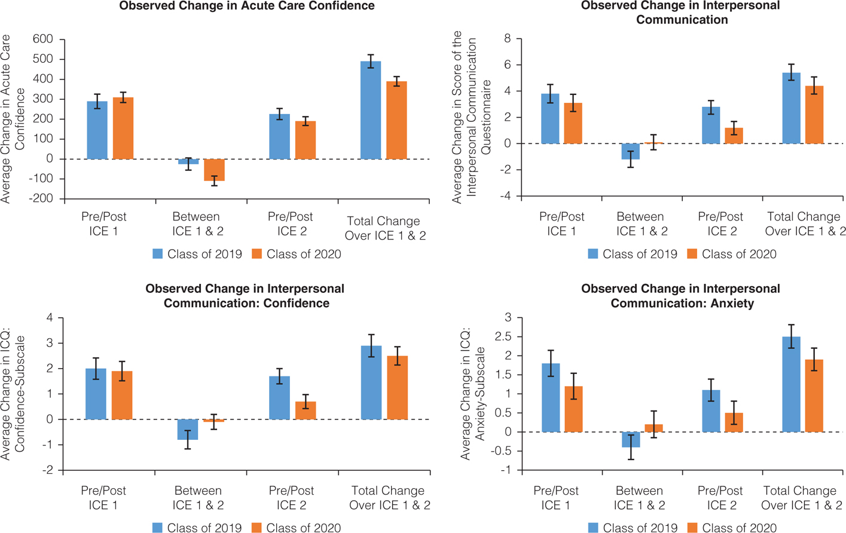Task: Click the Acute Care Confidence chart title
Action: click(x=247, y=7)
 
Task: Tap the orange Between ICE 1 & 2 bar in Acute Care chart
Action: click(x=214, y=170)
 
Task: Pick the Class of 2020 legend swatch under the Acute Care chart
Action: click(x=257, y=254)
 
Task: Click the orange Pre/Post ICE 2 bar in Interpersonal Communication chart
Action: click(x=734, y=136)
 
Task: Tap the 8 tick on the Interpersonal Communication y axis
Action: click(x=508, y=39)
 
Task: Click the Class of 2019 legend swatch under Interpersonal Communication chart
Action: click(x=593, y=254)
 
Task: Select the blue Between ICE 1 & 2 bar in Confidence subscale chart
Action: click(x=188, y=430)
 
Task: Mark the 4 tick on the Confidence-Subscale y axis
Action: click(x=50, y=318)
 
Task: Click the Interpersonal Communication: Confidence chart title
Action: click(x=245, y=296)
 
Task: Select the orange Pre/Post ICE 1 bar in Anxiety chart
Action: click(x=573, y=409)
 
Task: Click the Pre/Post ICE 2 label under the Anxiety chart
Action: click(x=721, y=498)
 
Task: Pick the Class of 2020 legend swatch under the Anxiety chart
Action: click(x=692, y=528)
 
